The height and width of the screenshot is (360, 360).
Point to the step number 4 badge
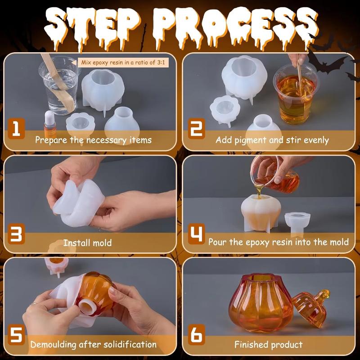[196, 234]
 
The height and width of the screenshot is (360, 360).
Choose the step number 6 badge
[197, 336]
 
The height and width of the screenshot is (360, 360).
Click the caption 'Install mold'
[87, 243]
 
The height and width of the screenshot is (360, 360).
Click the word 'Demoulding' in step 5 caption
[54, 345]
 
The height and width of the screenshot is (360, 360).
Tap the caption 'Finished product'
[269, 345]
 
